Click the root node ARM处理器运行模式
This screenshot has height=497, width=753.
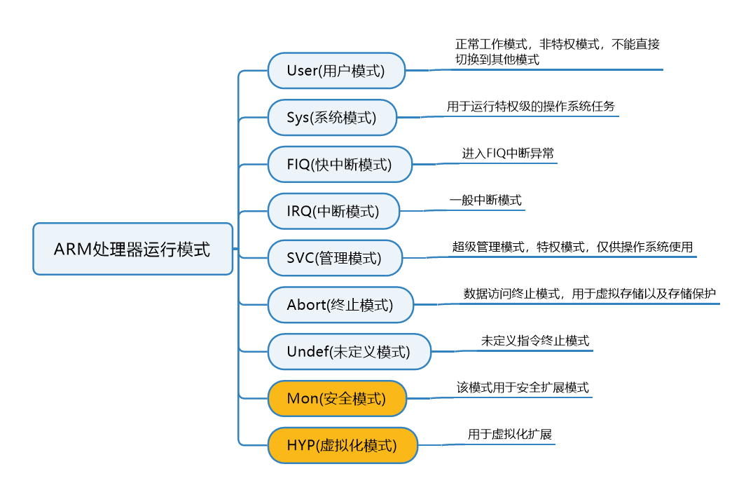tap(132, 249)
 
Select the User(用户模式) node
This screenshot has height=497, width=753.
tap(336, 70)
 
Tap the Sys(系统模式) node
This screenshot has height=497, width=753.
tap(332, 117)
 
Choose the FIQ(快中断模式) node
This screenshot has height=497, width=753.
tap(340, 164)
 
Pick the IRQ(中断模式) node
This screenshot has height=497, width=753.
tap(333, 211)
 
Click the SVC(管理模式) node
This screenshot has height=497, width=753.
tap(335, 258)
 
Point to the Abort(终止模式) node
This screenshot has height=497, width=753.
tap(340, 305)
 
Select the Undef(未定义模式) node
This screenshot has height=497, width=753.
tap(349, 352)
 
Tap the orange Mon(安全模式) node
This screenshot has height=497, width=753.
tap(337, 399)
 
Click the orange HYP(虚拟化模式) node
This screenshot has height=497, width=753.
tap(343, 445)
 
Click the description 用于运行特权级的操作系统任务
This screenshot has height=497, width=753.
tap(531, 107)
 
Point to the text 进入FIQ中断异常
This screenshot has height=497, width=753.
tap(508, 154)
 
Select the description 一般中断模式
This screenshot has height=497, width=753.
tap(485, 200)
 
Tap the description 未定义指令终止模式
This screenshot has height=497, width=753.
tap(535, 341)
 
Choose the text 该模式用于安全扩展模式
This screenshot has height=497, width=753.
tap(523, 388)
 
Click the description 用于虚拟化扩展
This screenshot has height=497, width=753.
tap(510, 435)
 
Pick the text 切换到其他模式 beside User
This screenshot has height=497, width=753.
tap(497, 60)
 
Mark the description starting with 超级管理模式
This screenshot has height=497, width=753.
tap(572, 247)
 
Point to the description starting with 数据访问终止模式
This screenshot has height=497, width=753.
tap(590, 294)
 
